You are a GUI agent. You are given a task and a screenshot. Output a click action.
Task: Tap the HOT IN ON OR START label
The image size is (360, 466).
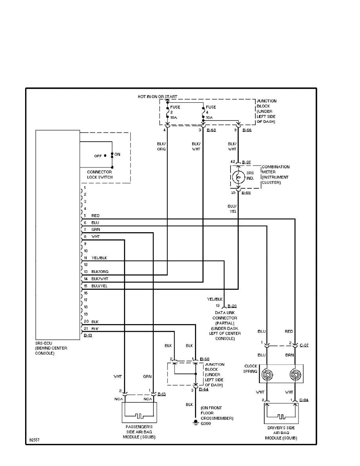157,96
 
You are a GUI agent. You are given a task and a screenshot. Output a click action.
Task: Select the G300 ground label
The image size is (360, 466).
206,423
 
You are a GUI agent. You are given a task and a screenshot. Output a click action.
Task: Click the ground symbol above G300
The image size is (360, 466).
195,422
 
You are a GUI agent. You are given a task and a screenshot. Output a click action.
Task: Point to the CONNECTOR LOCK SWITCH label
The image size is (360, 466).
100,175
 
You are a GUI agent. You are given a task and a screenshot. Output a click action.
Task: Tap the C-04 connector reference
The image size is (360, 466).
304,400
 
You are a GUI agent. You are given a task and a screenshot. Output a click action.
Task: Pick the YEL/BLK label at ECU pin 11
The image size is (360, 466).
99,258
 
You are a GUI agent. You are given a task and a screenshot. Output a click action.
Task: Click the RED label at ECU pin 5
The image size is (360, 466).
95,216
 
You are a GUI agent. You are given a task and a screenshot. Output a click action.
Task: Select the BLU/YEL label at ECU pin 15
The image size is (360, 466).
99,286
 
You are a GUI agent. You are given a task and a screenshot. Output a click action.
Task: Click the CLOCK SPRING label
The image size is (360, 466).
250,369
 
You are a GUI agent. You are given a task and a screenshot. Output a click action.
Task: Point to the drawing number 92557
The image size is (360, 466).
34,440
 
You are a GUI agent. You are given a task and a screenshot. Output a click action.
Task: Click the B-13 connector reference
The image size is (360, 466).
161,394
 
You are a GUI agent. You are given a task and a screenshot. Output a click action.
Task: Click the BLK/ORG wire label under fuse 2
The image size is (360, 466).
161,146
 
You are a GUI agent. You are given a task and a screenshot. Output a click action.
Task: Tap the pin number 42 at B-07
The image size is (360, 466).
233,161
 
